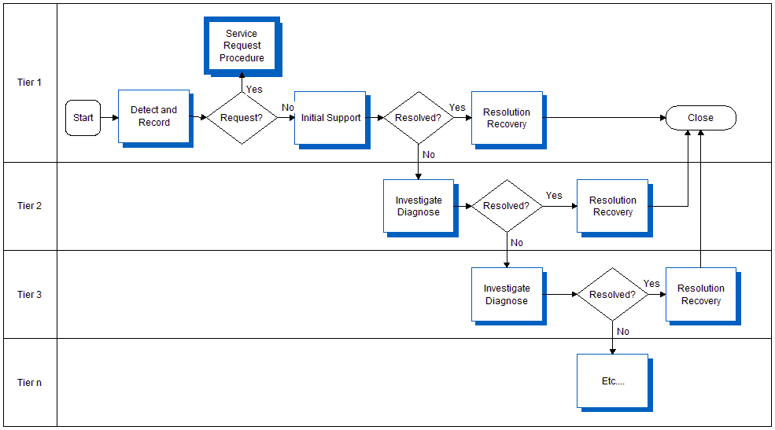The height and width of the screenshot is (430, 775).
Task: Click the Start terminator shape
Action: tap(83, 118)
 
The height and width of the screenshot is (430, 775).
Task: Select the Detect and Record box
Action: tap(153, 116)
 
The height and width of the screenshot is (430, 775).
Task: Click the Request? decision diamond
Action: tap(242, 118)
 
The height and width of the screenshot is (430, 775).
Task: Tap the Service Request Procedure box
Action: tap(242, 46)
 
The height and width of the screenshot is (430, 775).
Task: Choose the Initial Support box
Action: tap(330, 118)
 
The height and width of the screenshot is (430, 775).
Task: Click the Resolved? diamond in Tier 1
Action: tap(418, 118)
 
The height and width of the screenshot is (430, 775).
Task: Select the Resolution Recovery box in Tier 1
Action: tap(507, 118)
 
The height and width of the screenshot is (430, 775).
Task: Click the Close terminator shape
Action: tap(700, 118)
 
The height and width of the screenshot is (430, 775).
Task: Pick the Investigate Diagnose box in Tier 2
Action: tap(419, 206)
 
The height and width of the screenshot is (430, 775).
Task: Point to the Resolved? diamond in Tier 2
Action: tap(507, 206)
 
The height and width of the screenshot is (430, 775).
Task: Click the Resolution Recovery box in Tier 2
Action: tap(612, 206)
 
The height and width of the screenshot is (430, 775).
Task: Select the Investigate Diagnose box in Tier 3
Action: tap(507, 295)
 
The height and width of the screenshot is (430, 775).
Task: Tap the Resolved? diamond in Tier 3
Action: tap(612, 295)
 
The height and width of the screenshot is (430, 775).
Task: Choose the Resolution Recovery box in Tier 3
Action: tap(700, 295)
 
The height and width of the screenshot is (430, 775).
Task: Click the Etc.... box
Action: tap(612, 381)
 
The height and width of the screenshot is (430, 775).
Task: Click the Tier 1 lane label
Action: tap(29, 83)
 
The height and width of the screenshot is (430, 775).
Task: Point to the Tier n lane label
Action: tap(29, 383)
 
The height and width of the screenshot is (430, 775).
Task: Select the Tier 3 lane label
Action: tap(29, 295)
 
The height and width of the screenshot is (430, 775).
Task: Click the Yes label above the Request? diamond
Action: tap(254, 90)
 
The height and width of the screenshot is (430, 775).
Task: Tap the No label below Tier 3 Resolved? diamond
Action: tap(623, 332)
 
